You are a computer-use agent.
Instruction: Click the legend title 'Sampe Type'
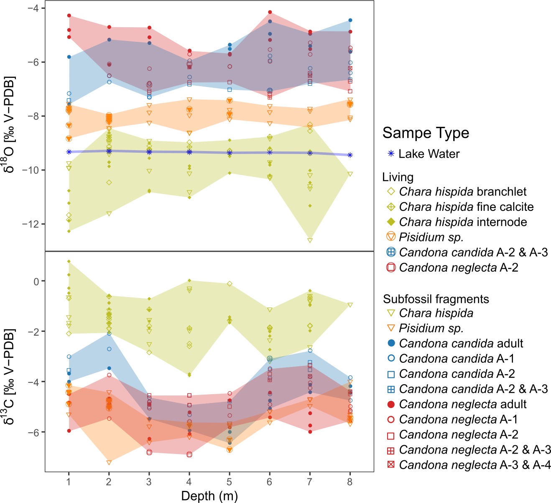point(426,133)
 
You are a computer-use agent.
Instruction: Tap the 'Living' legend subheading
point(398,177)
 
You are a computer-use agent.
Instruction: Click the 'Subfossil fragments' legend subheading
point(436,299)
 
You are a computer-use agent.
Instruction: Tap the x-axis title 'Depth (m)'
point(209,496)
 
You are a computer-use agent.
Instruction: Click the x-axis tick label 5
point(229,482)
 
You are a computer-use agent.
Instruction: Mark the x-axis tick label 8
point(350,482)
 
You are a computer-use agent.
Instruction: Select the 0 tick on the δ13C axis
point(36,282)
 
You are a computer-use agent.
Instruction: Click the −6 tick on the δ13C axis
point(33,432)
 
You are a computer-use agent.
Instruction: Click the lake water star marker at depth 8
point(350,155)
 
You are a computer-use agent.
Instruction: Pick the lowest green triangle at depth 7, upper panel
point(310,240)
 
